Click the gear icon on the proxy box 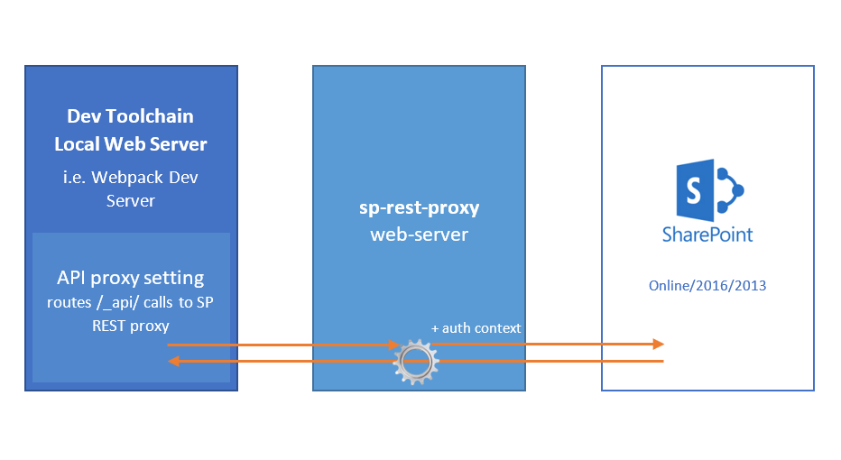[415, 362]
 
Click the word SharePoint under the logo [707, 235]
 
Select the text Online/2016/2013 [707, 286]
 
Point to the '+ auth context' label [476, 328]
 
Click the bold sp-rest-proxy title [419, 207]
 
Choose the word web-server [419, 235]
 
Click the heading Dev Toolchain [131, 116]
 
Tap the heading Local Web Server [131, 143]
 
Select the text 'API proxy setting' [131, 278]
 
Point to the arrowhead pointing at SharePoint [658, 344]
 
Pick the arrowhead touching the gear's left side [393, 345]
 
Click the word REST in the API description [109, 326]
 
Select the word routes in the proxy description [69, 303]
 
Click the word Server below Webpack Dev [131, 200]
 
